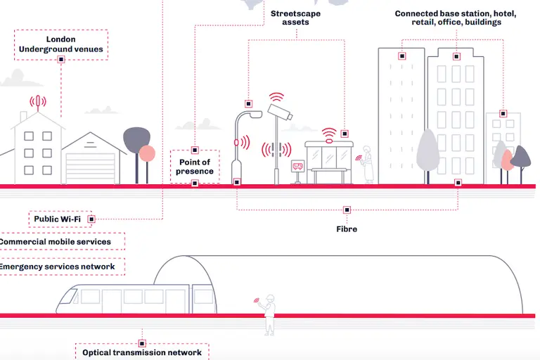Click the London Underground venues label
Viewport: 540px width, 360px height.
(60, 44)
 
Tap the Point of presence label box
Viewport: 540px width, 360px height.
(195, 167)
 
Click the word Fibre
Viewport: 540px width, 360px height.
(346, 229)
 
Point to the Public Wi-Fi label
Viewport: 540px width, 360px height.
(57, 219)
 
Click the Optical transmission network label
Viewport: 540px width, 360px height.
(141, 352)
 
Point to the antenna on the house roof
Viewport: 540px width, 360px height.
(38, 103)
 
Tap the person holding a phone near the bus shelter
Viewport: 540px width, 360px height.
(367, 167)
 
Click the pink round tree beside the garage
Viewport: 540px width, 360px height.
(147, 155)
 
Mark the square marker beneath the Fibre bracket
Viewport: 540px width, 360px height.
(346, 210)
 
